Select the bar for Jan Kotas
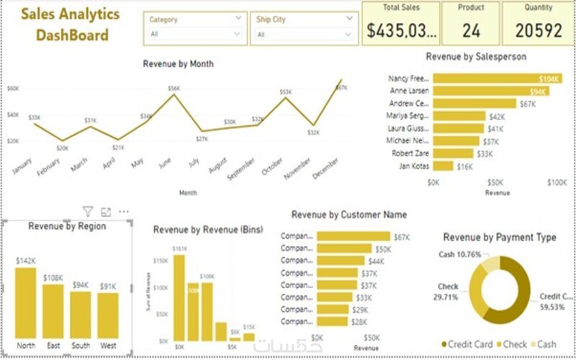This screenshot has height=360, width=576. pos(444,166)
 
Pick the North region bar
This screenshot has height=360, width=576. pos(26,302)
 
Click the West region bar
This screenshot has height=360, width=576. pos(108,315)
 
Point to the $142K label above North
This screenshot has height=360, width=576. pos(26,261)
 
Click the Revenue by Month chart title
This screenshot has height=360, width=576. pos(178,64)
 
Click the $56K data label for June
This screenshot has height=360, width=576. pos(174,89)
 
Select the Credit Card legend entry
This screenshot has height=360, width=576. pos(467,345)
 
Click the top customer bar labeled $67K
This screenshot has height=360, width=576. pos(354,237)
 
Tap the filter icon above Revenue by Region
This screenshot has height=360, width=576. pos(88,212)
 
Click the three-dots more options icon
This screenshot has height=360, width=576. pos(123,212)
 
